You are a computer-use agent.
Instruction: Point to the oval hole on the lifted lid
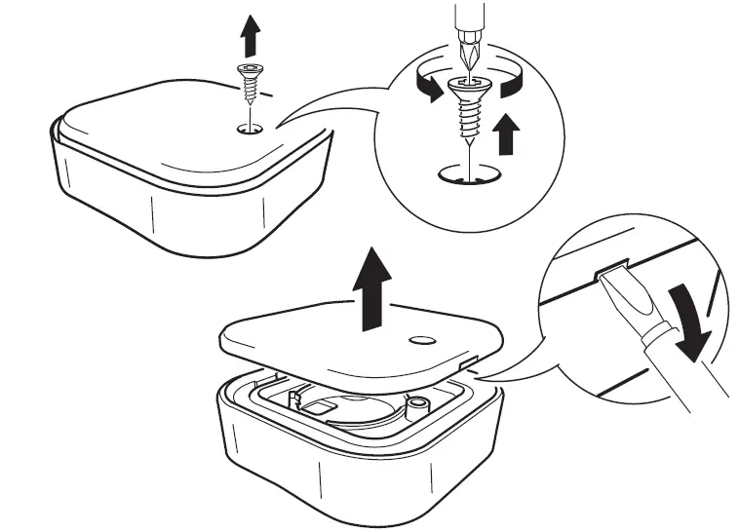(x=420, y=341)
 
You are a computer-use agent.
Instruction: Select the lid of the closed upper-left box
(x=175, y=122)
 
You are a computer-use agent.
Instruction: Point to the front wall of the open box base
(x=322, y=477)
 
